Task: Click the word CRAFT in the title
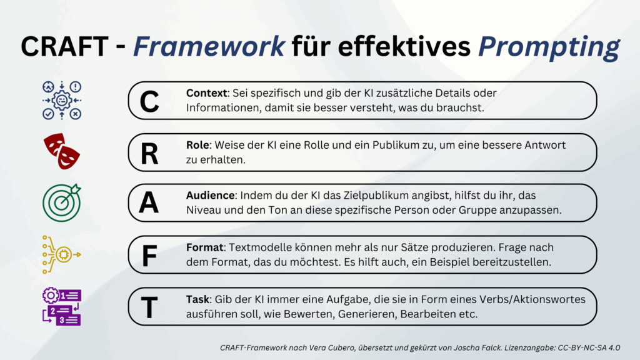point(64,46)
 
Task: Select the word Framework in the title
point(209,46)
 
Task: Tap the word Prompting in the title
point(549,47)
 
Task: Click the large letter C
point(149,101)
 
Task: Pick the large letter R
point(149,154)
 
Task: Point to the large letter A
point(149,202)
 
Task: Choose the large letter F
point(149,256)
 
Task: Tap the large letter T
point(149,307)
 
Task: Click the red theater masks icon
point(62,151)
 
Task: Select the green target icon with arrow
point(62,203)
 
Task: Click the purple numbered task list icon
point(62,306)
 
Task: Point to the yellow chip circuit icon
point(62,254)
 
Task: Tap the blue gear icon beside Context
point(62,100)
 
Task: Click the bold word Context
point(206,93)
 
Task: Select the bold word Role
point(197,145)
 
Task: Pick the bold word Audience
point(210,196)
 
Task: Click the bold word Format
point(204,247)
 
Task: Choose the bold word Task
point(197,299)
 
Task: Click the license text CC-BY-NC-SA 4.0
point(589,347)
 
